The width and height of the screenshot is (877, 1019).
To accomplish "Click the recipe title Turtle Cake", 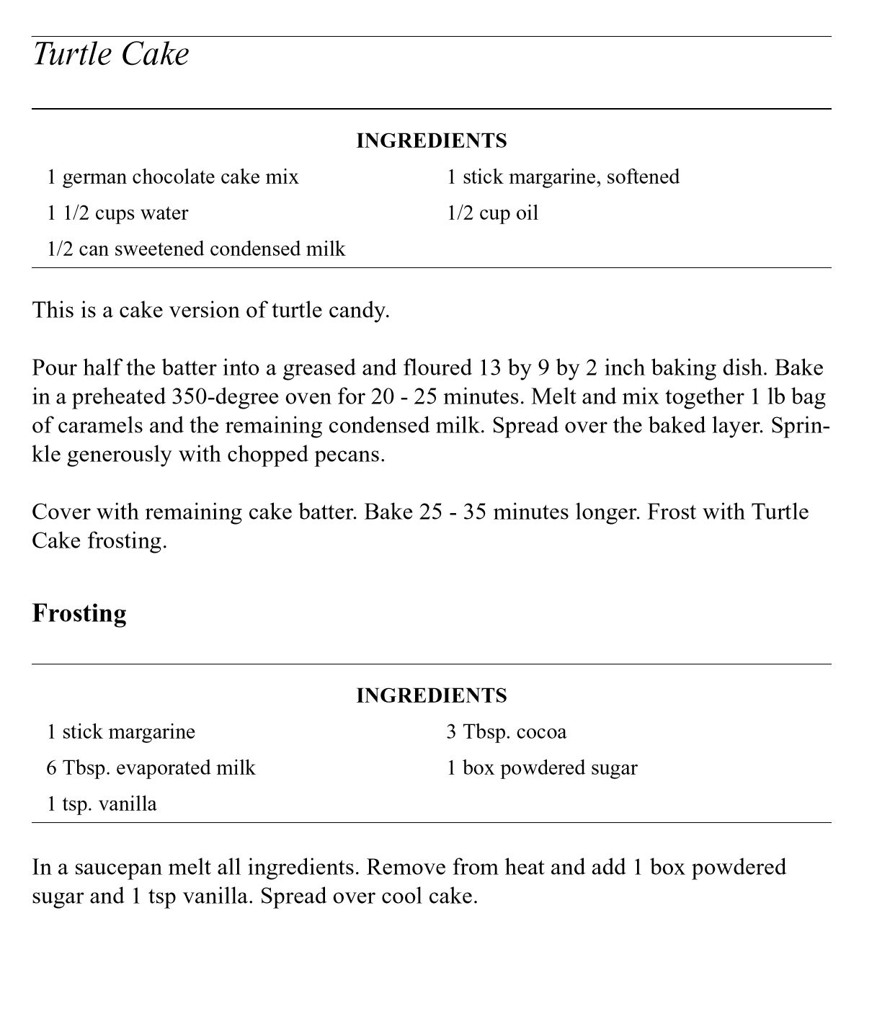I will coord(111,55).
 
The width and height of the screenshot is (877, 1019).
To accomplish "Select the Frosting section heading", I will coord(79,613).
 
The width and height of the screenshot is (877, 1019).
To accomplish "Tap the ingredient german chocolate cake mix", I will coord(173,177).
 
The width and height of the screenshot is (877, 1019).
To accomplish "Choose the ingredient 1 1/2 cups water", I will coord(117,213).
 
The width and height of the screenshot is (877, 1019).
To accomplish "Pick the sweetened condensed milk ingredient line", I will coord(196,249).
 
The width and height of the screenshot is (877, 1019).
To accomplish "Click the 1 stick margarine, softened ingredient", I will coord(563,177).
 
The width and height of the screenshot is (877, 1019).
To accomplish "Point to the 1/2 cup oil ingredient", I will coord(492,213).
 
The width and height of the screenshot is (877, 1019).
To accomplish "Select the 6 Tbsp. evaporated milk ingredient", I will coord(151,767).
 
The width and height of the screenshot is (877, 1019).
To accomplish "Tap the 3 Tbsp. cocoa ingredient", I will coord(506,732).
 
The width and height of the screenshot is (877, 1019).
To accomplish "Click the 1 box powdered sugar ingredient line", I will coord(542,767).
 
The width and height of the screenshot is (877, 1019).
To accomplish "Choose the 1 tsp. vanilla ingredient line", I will coord(102,804).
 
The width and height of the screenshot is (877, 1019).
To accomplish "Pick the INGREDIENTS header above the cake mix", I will coord(432,141).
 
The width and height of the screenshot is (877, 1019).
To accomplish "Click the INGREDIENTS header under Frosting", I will coord(432,695).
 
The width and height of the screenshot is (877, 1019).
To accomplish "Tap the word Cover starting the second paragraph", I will coord(64,512).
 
